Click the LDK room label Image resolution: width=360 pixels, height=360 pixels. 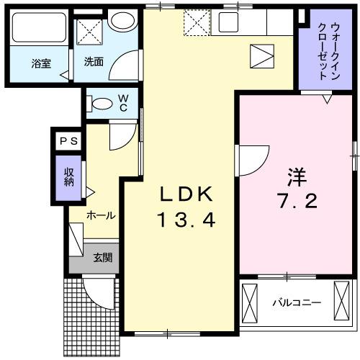coord(186,194)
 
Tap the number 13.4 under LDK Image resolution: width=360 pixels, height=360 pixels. coord(186,220)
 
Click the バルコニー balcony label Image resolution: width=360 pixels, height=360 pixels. coord(297,303)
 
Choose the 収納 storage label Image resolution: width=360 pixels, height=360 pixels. coord(69,176)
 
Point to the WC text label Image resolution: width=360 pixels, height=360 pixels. coord(123,102)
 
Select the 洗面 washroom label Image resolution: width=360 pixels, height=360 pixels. coord(93,62)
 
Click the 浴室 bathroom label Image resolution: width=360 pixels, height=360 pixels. coord(40,63)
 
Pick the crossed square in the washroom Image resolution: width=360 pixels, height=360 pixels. coord(90,31)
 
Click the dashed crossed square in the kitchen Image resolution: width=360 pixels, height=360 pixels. coord(194,22)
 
